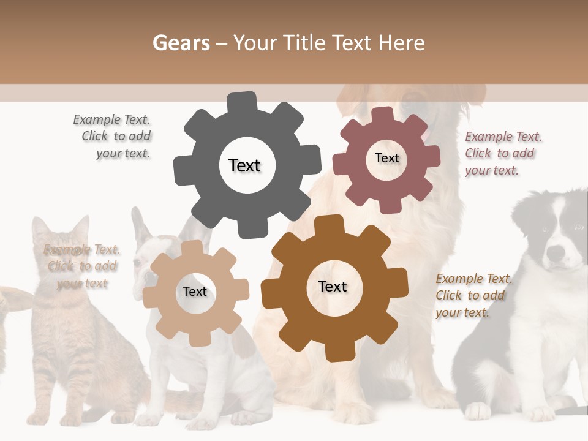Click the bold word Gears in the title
tap(181, 43)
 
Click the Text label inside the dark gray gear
tap(244, 165)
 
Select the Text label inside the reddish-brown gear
tap(386, 158)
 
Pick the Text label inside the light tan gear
tap(195, 292)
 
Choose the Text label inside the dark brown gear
tap(333, 286)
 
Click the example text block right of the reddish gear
tap(502, 153)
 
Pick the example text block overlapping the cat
tap(82, 266)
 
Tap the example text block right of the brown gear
tap(473, 295)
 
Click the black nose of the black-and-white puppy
tap(556, 252)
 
